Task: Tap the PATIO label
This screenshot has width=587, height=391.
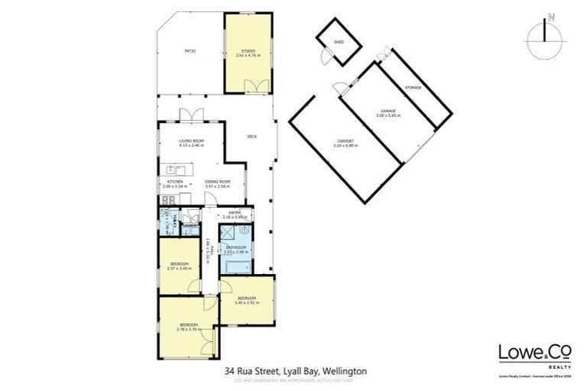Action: pyautogui.click(x=190, y=51)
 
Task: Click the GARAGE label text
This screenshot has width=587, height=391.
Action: pyautogui.click(x=388, y=112)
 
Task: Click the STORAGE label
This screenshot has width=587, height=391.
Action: pyautogui.click(x=413, y=88)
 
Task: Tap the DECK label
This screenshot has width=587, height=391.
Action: pyautogui.click(x=251, y=137)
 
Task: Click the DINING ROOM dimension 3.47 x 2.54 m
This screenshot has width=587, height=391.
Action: pyautogui.click(x=217, y=186)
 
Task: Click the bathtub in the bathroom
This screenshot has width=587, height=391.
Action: pyautogui.click(x=233, y=265)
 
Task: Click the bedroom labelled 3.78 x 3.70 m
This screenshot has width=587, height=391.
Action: pyautogui.click(x=187, y=329)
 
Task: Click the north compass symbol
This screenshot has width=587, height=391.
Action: pyautogui.click(x=544, y=33)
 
